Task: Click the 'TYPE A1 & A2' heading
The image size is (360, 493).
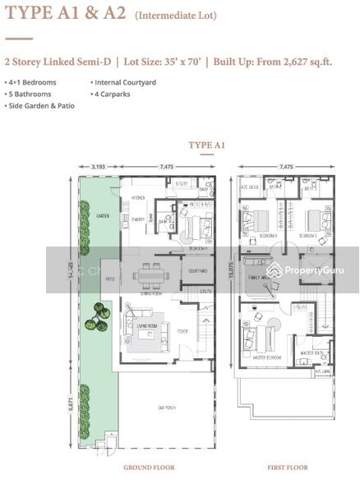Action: click(63, 14)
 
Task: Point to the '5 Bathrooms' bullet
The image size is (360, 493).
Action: click(29, 94)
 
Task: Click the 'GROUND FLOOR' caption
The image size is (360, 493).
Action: click(149, 468)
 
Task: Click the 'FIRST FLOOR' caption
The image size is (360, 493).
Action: click(287, 468)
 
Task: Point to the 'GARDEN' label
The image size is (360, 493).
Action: click(103, 216)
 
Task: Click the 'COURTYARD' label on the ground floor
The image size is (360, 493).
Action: click(196, 270)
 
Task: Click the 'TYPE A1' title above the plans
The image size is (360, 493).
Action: click(207, 145)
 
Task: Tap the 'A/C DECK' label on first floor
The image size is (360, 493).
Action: click(249, 187)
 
